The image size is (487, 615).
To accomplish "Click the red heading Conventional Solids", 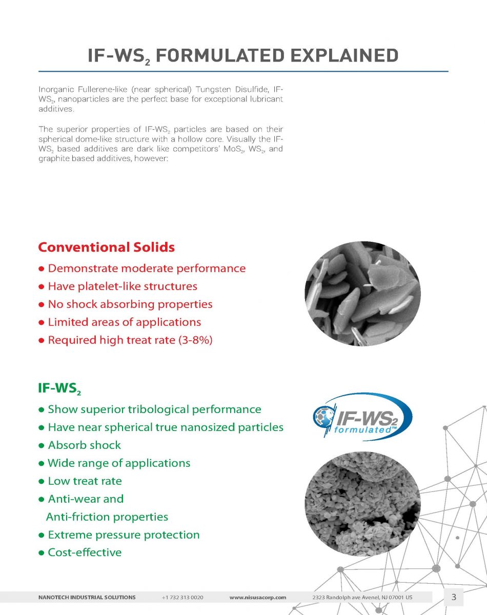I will [x=106, y=248].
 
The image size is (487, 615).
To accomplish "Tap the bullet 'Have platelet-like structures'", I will [x=122, y=286].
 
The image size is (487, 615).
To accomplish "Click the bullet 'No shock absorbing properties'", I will [x=130, y=304].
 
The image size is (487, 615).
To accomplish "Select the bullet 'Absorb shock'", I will [x=84, y=445].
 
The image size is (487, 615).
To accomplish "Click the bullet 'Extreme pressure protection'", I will [x=123, y=535].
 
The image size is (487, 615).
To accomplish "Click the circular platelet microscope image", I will [x=362, y=294].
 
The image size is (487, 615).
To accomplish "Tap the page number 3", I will [x=454, y=597].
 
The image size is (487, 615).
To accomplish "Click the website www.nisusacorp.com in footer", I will [x=257, y=598].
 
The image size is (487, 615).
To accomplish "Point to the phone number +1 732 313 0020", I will [x=182, y=598].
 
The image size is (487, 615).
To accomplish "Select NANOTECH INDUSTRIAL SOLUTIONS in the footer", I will [x=87, y=598].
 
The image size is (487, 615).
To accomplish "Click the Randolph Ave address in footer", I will [x=362, y=598].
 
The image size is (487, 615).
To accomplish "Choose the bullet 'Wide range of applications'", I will [x=118, y=463].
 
